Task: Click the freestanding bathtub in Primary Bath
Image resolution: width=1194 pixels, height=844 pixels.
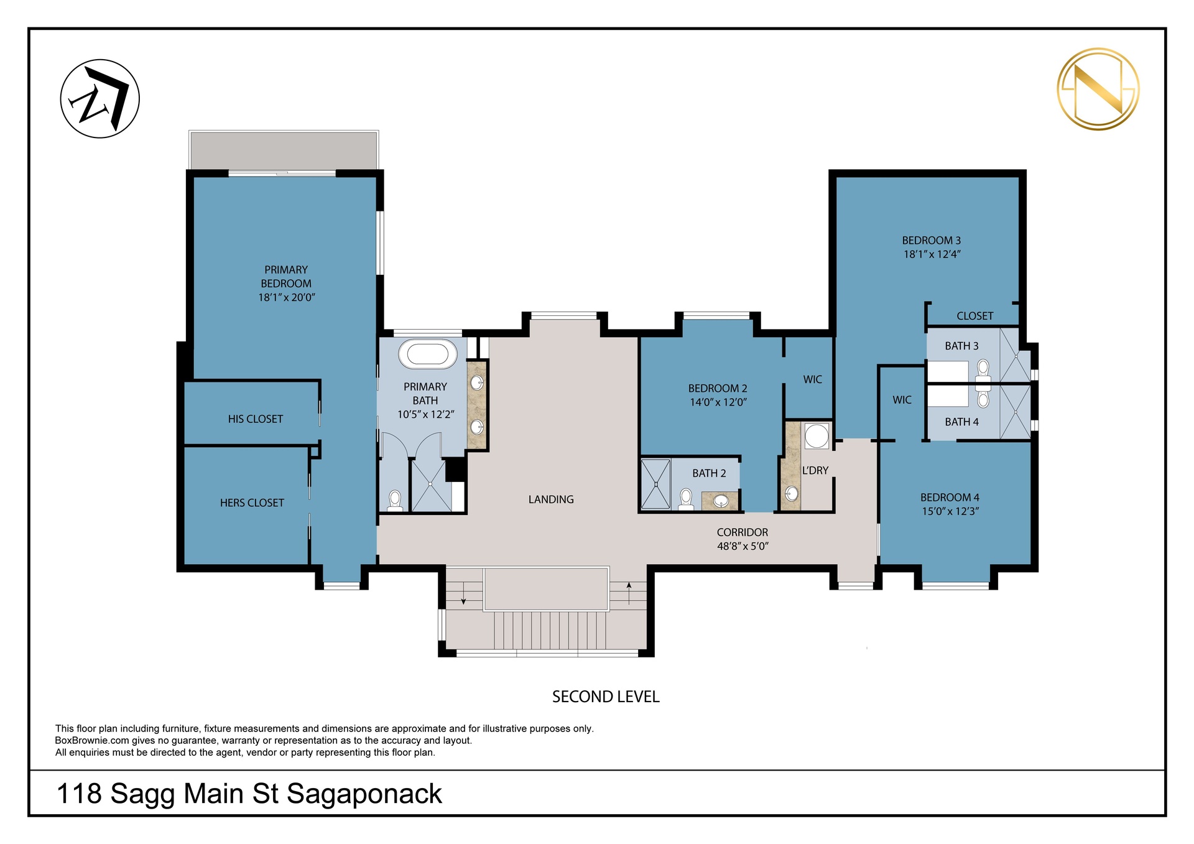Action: [x=428, y=354]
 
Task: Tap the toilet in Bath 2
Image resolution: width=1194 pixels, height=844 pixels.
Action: [x=686, y=499]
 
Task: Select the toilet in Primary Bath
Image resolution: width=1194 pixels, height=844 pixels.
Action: [x=395, y=501]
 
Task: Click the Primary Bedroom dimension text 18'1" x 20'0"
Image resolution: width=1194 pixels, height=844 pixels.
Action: [x=287, y=297]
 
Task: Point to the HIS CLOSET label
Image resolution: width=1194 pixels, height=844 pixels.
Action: [x=256, y=419]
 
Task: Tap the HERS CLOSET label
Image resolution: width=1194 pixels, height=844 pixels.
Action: [x=252, y=503]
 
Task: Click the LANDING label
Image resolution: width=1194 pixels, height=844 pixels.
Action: [x=551, y=499]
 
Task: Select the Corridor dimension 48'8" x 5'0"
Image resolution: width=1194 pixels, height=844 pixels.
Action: [x=743, y=546]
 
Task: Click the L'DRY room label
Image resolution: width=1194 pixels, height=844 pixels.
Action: [x=815, y=471]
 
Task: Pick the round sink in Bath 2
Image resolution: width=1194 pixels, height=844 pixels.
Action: [x=721, y=501]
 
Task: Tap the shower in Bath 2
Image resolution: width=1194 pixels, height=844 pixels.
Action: [x=655, y=485]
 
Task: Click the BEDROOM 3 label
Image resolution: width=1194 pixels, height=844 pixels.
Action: [x=932, y=241]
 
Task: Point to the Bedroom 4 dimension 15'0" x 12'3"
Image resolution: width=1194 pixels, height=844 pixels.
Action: [x=950, y=511]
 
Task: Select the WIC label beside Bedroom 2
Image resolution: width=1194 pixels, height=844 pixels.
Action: [x=813, y=379]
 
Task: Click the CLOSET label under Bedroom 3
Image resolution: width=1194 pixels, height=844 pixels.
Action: [x=974, y=316]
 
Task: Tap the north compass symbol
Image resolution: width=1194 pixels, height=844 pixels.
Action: [x=99, y=99]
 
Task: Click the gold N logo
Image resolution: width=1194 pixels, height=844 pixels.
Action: [x=1098, y=89]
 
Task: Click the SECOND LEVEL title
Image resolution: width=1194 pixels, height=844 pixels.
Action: [x=606, y=697]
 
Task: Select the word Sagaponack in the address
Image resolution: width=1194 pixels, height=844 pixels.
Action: [x=364, y=795]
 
